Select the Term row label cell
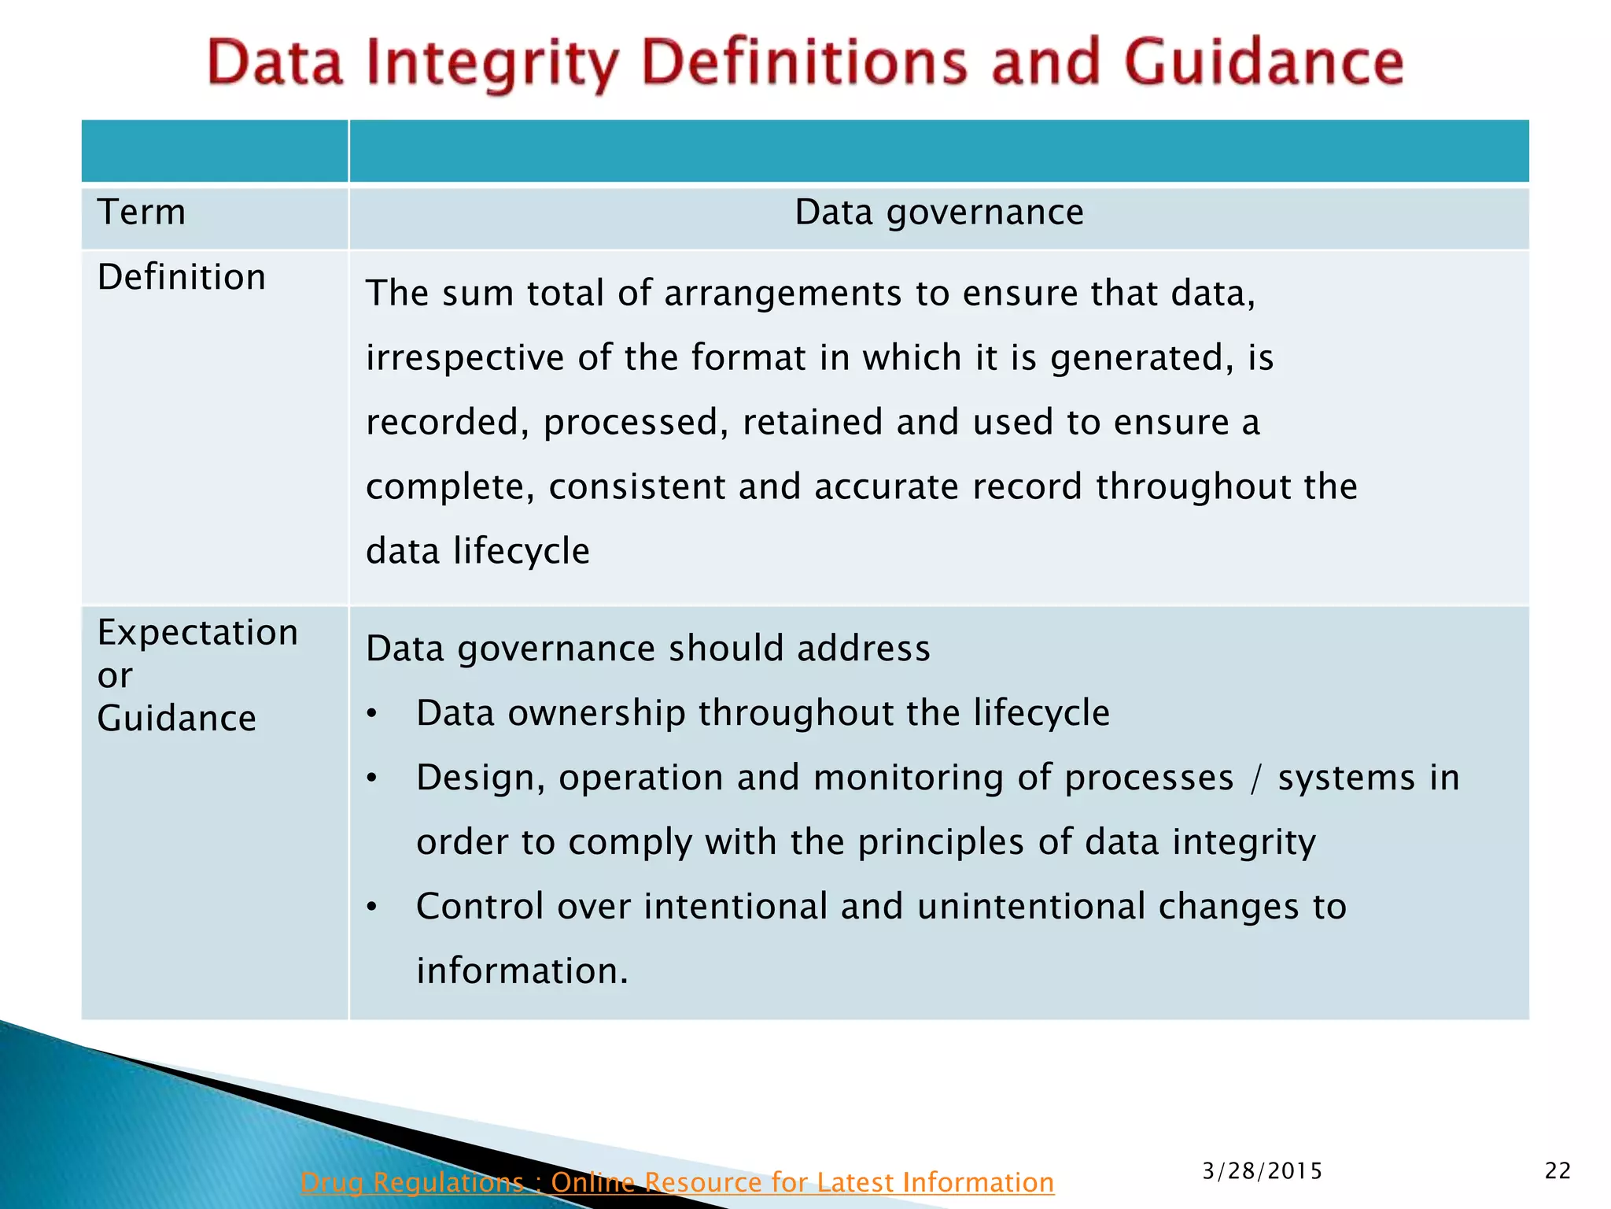pyautogui.click(x=142, y=213)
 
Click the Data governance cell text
pyautogui.click(x=938, y=213)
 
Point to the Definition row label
pyautogui.click(x=182, y=277)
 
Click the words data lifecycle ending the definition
pyautogui.click(x=477, y=551)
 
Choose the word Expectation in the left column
pyautogui.click(x=197, y=633)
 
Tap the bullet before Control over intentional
pyautogui.click(x=373, y=908)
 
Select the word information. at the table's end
pyautogui.click(x=522, y=971)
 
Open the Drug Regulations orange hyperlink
pyautogui.click(x=676, y=1182)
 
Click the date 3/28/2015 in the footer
pyautogui.click(x=1262, y=1171)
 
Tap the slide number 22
pyautogui.click(x=1558, y=1171)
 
